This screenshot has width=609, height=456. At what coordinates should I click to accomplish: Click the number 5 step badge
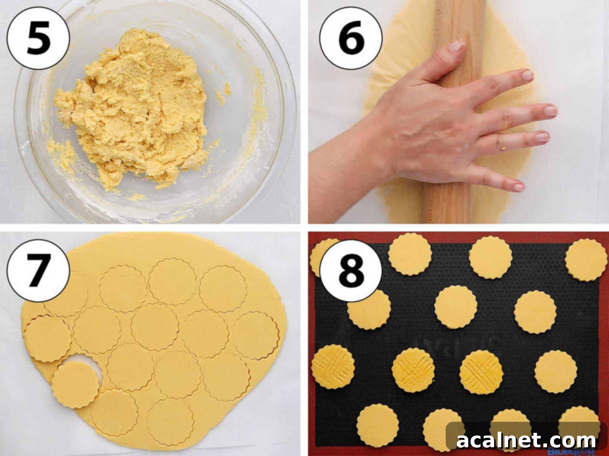click(38, 38)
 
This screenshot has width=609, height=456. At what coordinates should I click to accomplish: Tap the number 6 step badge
click(350, 38)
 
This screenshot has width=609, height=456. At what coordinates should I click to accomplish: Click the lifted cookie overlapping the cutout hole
click(75, 384)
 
